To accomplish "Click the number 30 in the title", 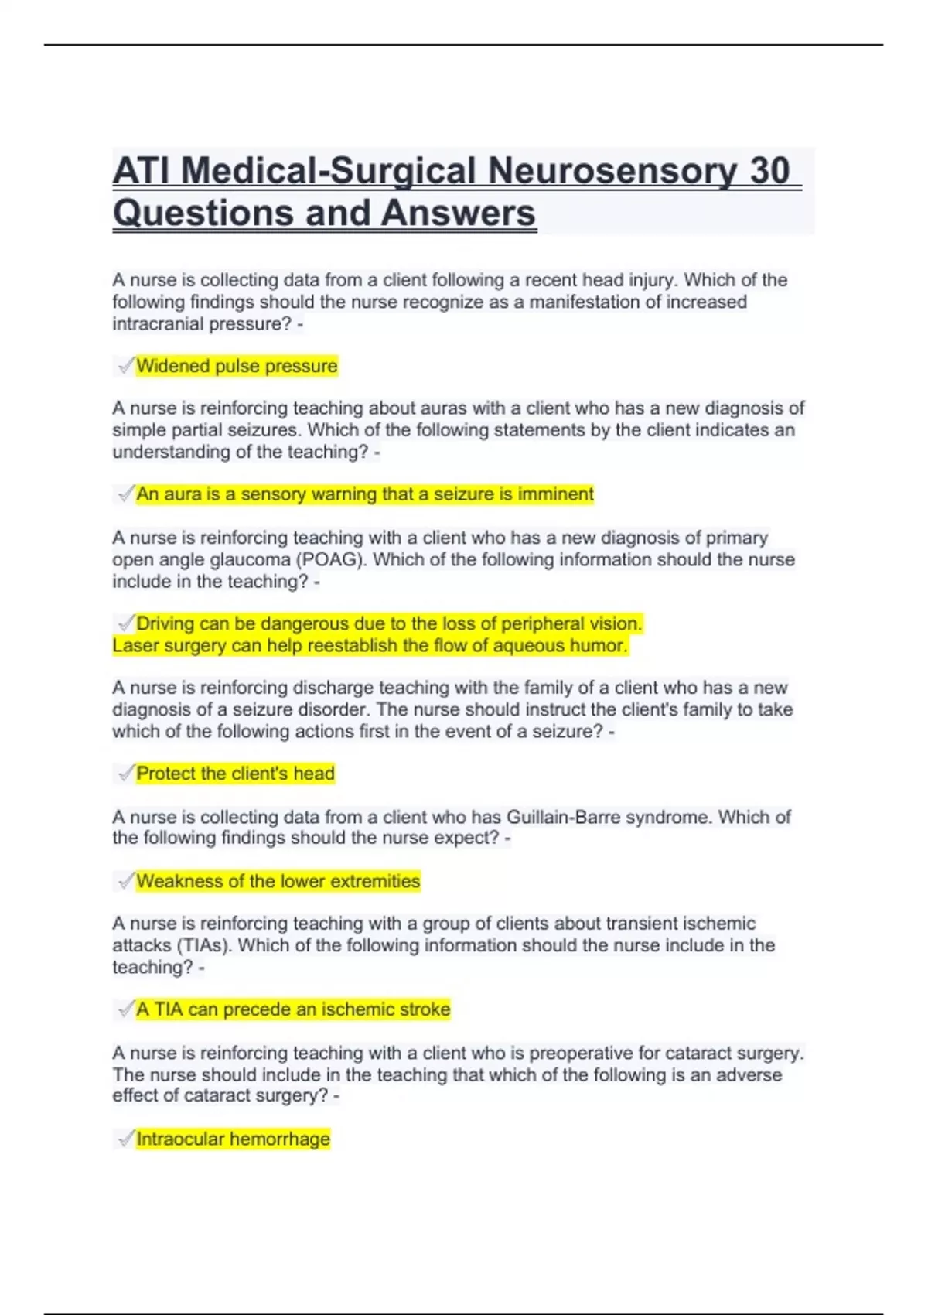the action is click(769, 171).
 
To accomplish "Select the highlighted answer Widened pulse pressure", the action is click(237, 366).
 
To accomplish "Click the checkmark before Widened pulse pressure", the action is click(126, 366).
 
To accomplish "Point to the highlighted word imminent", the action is click(555, 494).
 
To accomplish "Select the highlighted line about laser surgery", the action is click(370, 645).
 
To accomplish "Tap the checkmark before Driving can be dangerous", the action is click(126, 623).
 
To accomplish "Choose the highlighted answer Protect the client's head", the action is click(235, 774).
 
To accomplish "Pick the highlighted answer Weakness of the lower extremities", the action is click(278, 881).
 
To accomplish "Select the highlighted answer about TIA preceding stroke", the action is click(293, 1009).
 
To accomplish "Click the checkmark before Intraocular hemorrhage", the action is click(126, 1139).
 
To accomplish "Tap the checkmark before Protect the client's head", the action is click(126, 774).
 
